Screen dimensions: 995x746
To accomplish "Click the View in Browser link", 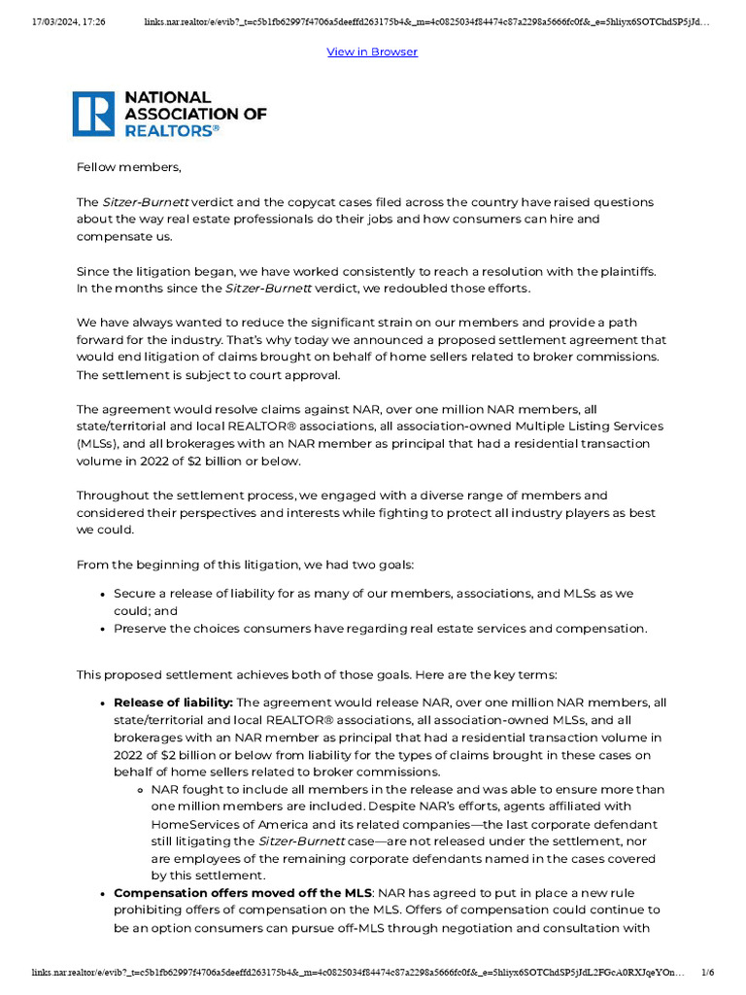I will (372, 51).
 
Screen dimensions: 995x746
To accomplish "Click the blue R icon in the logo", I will (94, 114).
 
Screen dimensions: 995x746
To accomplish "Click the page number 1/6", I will (707, 972).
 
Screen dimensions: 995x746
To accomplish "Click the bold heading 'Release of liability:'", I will (173, 703).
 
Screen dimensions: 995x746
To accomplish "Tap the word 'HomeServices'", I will (194, 823).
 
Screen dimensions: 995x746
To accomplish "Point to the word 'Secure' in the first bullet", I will (135, 594).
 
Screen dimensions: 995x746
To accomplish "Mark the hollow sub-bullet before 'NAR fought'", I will (143, 790).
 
